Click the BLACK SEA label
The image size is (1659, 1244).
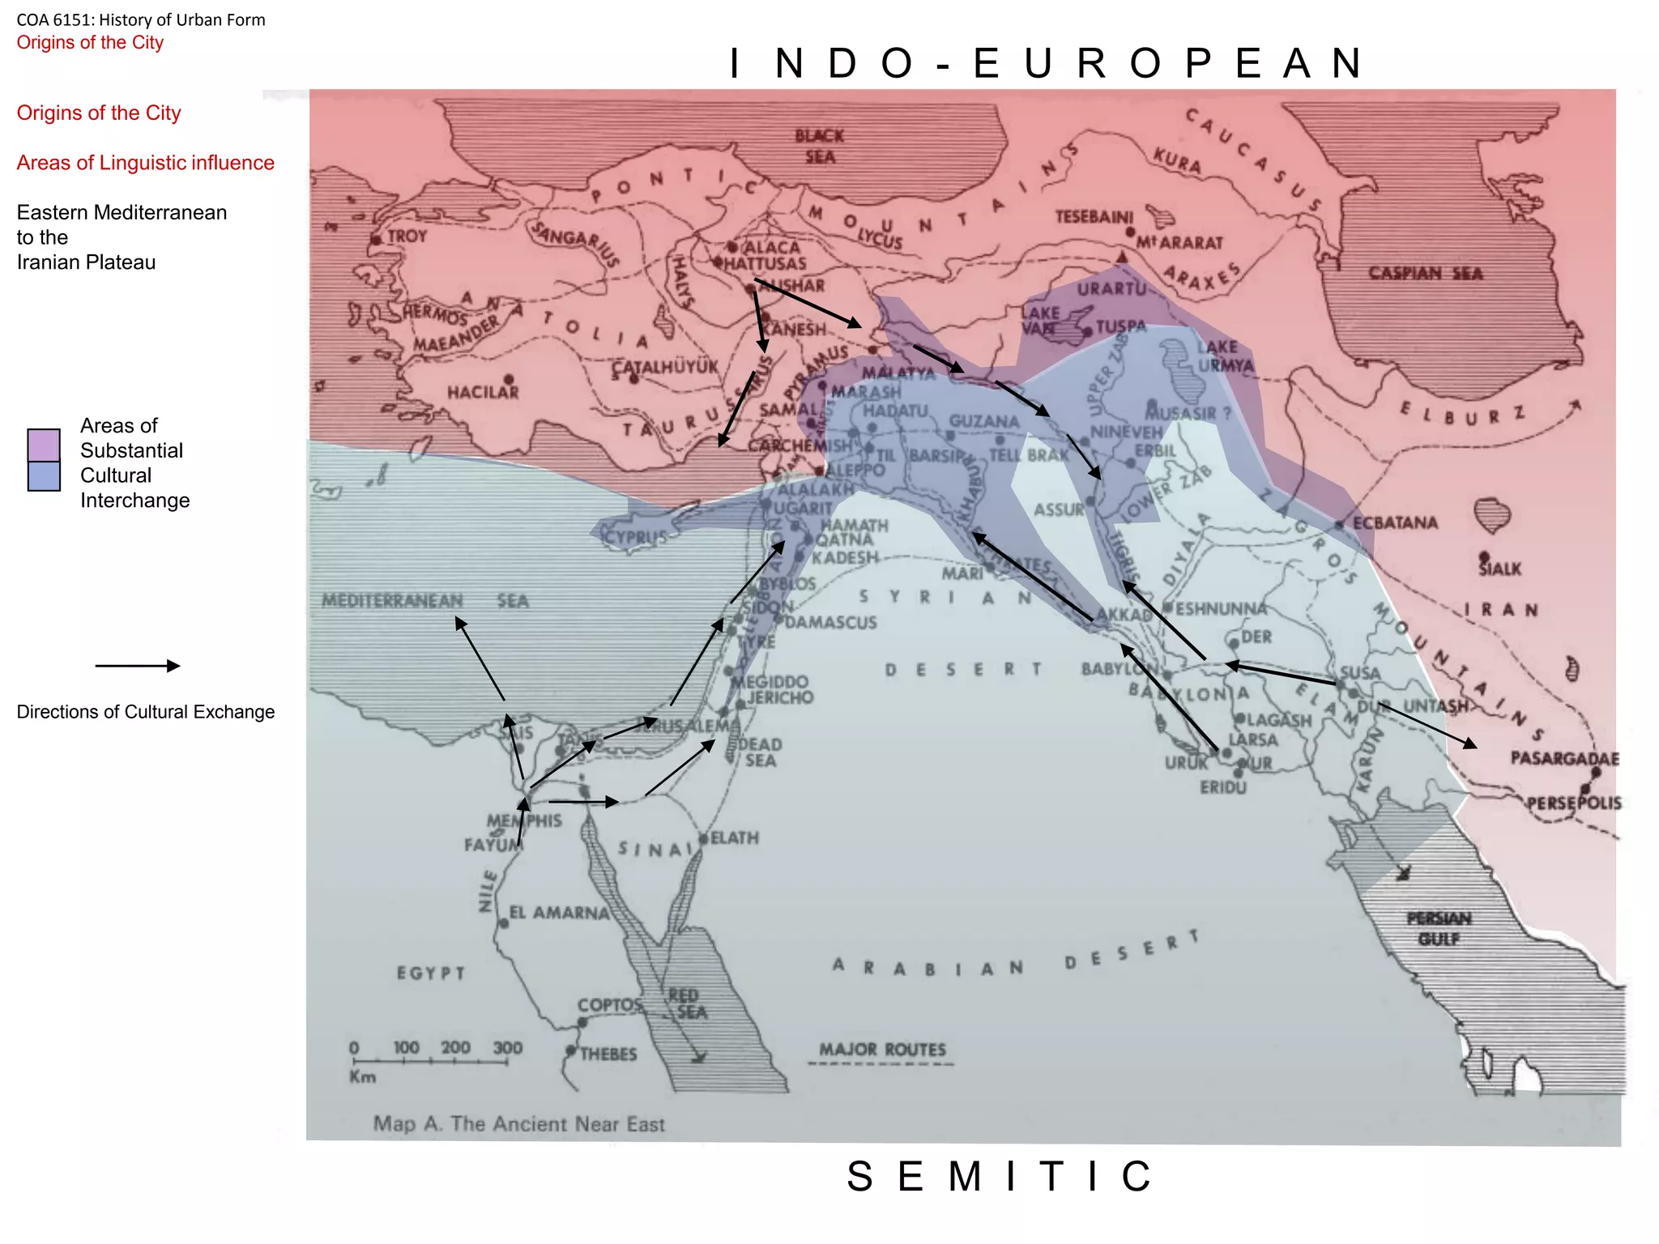pos(819,147)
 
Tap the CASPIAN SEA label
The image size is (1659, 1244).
pos(1425,274)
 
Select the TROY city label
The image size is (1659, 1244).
pos(407,236)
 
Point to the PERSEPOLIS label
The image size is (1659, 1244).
pos(1574,803)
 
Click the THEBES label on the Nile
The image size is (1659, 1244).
pos(608,1054)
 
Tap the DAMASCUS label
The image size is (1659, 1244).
pos(830,622)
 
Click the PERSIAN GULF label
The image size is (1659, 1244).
pos(1439,929)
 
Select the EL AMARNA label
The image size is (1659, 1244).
pos(559,913)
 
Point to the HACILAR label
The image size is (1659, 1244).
pos(483,392)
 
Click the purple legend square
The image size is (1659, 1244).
pos(44,445)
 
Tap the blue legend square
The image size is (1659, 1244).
pos(44,476)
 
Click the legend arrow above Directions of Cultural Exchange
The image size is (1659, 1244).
pos(137,666)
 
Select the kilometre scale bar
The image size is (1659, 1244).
pos(430,1060)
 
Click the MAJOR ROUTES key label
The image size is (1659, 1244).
pos(882,1050)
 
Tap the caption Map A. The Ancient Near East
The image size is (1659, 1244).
pos(518,1124)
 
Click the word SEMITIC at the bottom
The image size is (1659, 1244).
pos(1001,1176)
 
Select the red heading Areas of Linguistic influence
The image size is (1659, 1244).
pos(146,163)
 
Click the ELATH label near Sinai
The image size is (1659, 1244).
pos(734,837)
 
